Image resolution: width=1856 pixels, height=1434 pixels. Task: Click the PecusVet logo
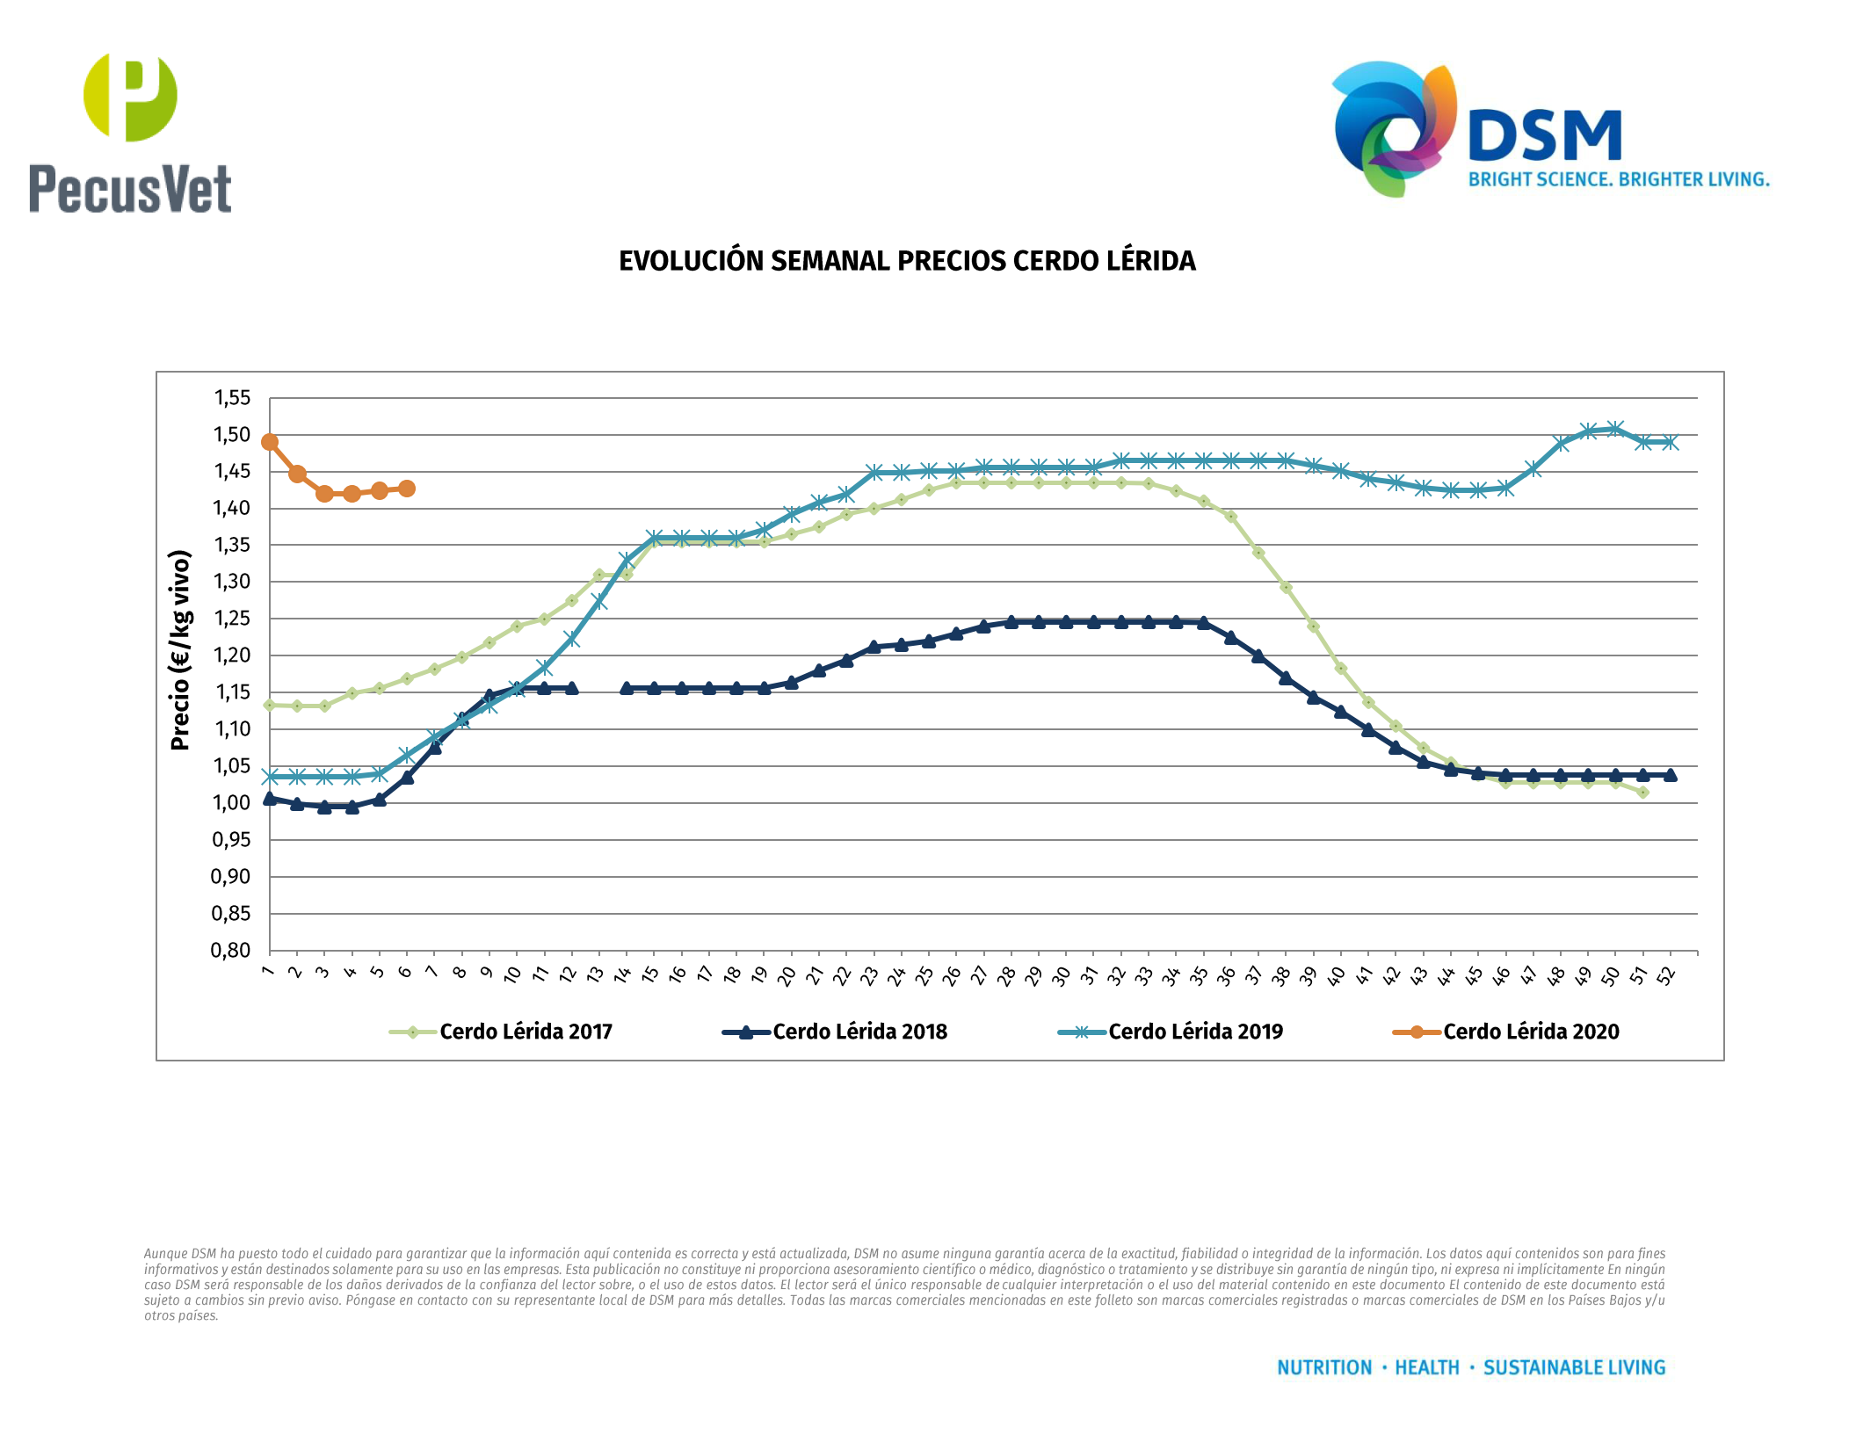pyautogui.click(x=130, y=132)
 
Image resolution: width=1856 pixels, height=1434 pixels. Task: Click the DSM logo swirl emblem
pyautogui.click(x=1393, y=127)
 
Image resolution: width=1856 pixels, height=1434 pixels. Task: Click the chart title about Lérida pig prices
pyautogui.click(x=907, y=261)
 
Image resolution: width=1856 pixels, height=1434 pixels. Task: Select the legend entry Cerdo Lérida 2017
pyautogui.click(x=526, y=1032)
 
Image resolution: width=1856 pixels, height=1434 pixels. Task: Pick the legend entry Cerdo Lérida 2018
pyautogui.click(x=859, y=1032)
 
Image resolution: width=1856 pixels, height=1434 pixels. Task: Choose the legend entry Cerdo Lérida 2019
pyautogui.click(x=1195, y=1032)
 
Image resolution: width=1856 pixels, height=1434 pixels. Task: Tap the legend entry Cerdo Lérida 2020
pyautogui.click(x=1531, y=1032)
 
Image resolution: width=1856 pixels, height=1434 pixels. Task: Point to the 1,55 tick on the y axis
pyautogui.click(x=232, y=398)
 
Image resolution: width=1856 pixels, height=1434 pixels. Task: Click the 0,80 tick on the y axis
pyautogui.click(x=231, y=950)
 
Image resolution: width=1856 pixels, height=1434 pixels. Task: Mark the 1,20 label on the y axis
pyautogui.click(x=232, y=655)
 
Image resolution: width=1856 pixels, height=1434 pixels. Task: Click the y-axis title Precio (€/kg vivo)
pyautogui.click(x=180, y=650)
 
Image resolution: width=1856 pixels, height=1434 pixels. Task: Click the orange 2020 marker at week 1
pyautogui.click(x=270, y=442)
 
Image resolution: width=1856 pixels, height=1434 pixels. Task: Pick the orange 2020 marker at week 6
pyautogui.click(x=407, y=489)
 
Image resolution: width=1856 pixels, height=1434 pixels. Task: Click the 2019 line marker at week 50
pyautogui.click(x=1615, y=429)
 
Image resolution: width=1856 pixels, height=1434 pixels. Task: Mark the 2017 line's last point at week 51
pyautogui.click(x=1642, y=793)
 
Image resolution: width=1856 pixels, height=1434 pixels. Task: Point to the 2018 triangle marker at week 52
pyautogui.click(x=1670, y=775)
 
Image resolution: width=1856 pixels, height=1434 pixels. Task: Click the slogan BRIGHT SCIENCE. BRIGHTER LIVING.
pyautogui.click(x=1619, y=180)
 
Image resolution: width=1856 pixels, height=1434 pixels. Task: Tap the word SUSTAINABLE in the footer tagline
pyautogui.click(x=1539, y=1367)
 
